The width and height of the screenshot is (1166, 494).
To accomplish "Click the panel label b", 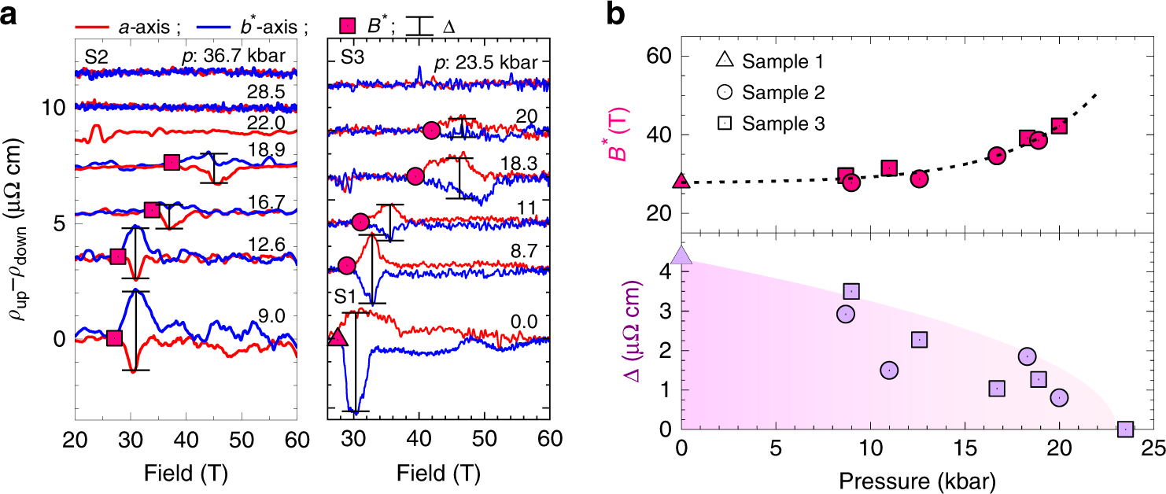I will point(633,16).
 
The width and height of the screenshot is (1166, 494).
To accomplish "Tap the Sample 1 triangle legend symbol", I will point(724,60).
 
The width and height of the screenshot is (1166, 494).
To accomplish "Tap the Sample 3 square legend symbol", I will point(724,124).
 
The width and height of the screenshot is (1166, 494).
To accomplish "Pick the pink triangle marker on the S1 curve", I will point(338,337).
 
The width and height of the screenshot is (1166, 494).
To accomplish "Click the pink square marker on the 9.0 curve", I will point(115,338).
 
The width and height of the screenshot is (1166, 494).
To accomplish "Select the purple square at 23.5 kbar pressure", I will point(1125,429).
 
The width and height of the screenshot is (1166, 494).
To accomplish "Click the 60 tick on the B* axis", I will point(657,56).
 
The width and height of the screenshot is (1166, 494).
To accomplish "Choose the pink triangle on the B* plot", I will point(682,182).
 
